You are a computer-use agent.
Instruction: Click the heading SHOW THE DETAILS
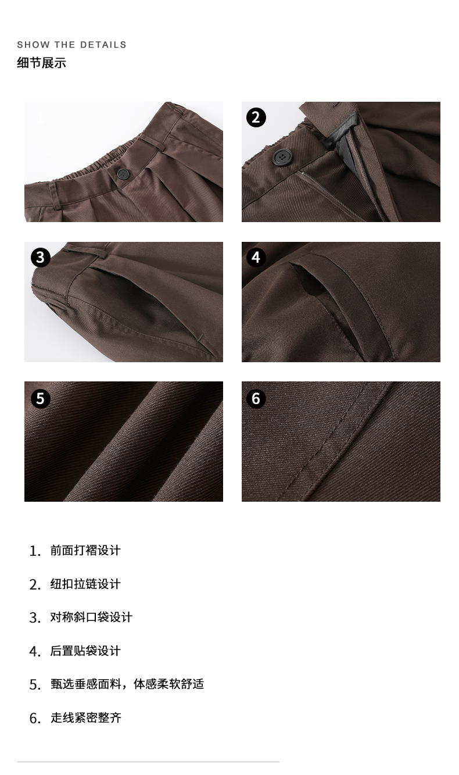(71, 45)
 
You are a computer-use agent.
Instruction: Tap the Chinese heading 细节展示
(41, 63)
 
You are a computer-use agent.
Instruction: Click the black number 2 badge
(256, 117)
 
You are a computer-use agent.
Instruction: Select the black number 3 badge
(41, 258)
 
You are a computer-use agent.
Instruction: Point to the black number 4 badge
(256, 258)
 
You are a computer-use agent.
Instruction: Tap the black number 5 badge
(41, 399)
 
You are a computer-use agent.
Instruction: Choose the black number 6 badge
(256, 399)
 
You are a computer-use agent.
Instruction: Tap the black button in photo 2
(283, 157)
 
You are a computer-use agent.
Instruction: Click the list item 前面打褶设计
(85, 550)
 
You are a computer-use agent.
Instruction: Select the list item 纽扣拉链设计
(85, 584)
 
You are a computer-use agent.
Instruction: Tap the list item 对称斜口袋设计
(91, 617)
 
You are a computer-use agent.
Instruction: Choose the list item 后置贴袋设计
(85, 651)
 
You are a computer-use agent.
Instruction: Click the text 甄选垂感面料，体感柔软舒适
(127, 684)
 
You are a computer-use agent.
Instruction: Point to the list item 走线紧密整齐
(86, 717)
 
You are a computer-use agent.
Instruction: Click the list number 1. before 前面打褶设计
(35, 551)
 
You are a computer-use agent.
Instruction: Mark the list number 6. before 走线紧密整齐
(35, 719)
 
